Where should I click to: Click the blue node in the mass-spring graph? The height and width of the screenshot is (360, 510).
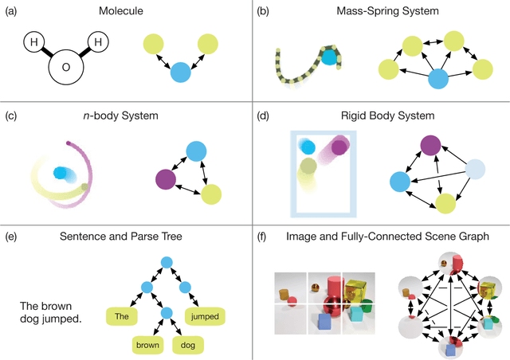click(x=437, y=78)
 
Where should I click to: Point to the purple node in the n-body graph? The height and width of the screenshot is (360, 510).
click(x=167, y=178)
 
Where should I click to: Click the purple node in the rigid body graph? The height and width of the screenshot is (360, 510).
click(x=430, y=146)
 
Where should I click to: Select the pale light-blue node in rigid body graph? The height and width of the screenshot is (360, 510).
click(x=475, y=169)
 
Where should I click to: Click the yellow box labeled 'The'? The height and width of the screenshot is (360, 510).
click(x=122, y=315)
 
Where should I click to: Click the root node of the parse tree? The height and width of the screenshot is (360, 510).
click(x=166, y=261)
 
